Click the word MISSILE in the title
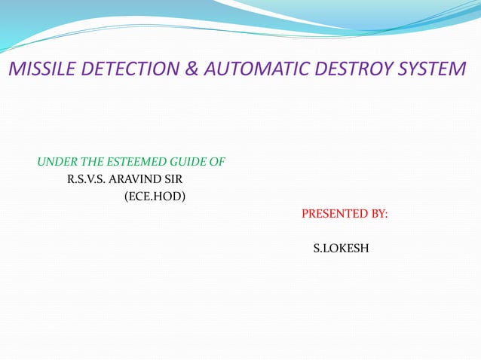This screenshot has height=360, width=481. tap(38, 70)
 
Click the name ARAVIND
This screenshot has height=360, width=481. tap(138, 180)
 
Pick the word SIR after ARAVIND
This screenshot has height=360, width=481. tap(173, 180)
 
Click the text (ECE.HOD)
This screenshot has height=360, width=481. tap(155, 197)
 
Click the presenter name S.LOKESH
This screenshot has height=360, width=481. tap(341, 248)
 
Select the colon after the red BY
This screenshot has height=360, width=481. tap(387, 215)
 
